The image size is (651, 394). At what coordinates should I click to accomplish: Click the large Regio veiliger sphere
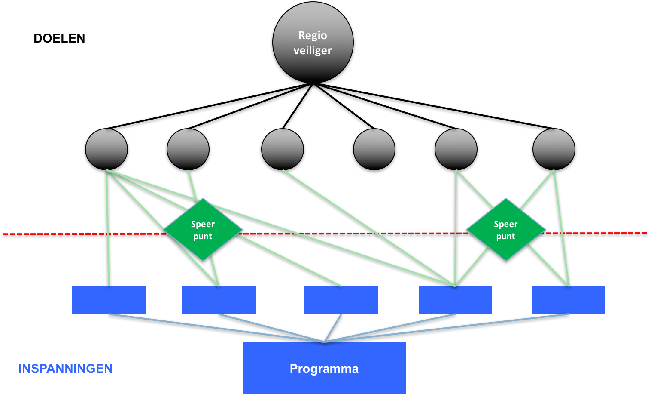pyautogui.click(x=313, y=42)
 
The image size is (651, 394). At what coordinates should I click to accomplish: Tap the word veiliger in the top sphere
pyautogui.click(x=313, y=51)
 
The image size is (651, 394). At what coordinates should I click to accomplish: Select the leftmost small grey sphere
pyautogui.click(x=106, y=149)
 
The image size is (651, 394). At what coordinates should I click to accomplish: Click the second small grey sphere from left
pyautogui.click(x=188, y=149)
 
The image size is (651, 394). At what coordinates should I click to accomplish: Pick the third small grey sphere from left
pyautogui.click(x=283, y=149)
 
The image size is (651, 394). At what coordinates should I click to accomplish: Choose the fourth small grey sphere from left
pyautogui.click(x=374, y=149)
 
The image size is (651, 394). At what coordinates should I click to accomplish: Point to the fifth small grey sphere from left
pyautogui.click(x=456, y=149)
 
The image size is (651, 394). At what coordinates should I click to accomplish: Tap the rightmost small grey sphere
pyautogui.click(x=554, y=149)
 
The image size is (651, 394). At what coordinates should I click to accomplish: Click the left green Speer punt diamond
pyautogui.click(x=203, y=230)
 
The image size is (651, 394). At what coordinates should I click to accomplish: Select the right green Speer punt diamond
pyautogui.click(x=506, y=230)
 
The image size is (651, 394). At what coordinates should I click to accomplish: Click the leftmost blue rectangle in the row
pyautogui.click(x=109, y=300)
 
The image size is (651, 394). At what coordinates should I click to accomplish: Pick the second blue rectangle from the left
pyautogui.click(x=219, y=300)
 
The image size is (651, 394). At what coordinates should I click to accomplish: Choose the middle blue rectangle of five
pyautogui.click(x=341, y=300)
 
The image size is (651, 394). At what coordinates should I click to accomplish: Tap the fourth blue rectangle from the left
pyautogui.click(x=455, y=300)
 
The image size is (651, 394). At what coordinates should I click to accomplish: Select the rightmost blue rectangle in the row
pyautogui.click(x=569, y=300)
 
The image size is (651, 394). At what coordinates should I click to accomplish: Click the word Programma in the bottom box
pyautogui.click(x=324, y=369)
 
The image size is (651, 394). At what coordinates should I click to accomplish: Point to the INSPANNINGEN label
pyautogui.click(x=65, y=369)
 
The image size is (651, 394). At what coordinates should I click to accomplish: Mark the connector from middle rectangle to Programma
pyautogui.click(x=333, y=328)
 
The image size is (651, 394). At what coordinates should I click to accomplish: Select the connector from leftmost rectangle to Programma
pyautogui.click(x=215, y=328)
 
